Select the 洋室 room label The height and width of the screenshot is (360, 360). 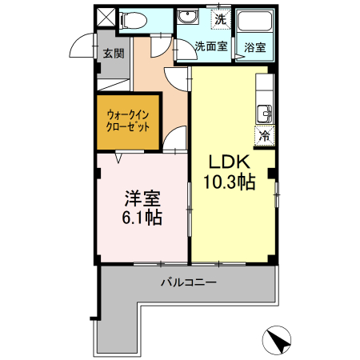coord(141,196)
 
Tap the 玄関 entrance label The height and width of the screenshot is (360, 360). coord(114,54)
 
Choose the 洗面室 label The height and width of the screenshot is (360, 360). coord(212,46)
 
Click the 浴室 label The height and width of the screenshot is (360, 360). coord(256,46)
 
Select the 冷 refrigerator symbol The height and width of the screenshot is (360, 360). coord(263,137)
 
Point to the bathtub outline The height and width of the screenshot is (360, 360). coord(257,22)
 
